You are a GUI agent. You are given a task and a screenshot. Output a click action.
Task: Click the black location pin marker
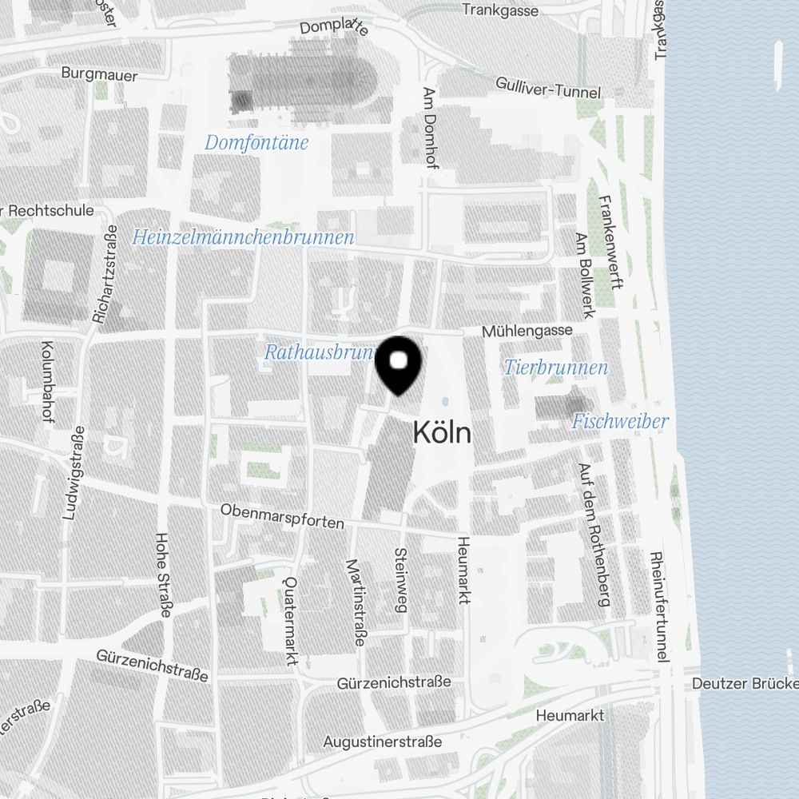(x=398, y=364)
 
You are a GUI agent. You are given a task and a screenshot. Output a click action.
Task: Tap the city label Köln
(x=442, y=433)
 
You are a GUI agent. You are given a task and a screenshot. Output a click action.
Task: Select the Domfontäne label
(x=256, y=143)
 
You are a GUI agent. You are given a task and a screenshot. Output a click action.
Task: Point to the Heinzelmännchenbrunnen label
(x=243, y=237)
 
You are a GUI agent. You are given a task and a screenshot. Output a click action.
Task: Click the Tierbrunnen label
(x=556, y=368)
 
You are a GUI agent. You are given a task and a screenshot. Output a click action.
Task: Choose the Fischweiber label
(x=620, y=421)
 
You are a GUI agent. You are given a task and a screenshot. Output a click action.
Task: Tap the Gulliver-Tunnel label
(x=548, y=87)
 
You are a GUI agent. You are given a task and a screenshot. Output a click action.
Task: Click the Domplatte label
(x=334, y=26)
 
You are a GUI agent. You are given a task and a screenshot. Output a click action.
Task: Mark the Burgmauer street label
(x=99, y=75)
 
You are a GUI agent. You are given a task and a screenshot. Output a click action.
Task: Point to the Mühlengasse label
(x=527, y=330)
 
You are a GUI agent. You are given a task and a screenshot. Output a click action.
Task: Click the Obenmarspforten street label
(x=282, y=516)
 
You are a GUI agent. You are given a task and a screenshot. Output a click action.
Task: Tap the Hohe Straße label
(x=164, y=575)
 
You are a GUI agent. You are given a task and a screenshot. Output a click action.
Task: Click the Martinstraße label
(x=356, y=602)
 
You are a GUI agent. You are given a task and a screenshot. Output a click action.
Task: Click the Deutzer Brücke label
(x=745, y=684)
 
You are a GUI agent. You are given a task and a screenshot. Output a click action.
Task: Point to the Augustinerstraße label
(x=382, y=742)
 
